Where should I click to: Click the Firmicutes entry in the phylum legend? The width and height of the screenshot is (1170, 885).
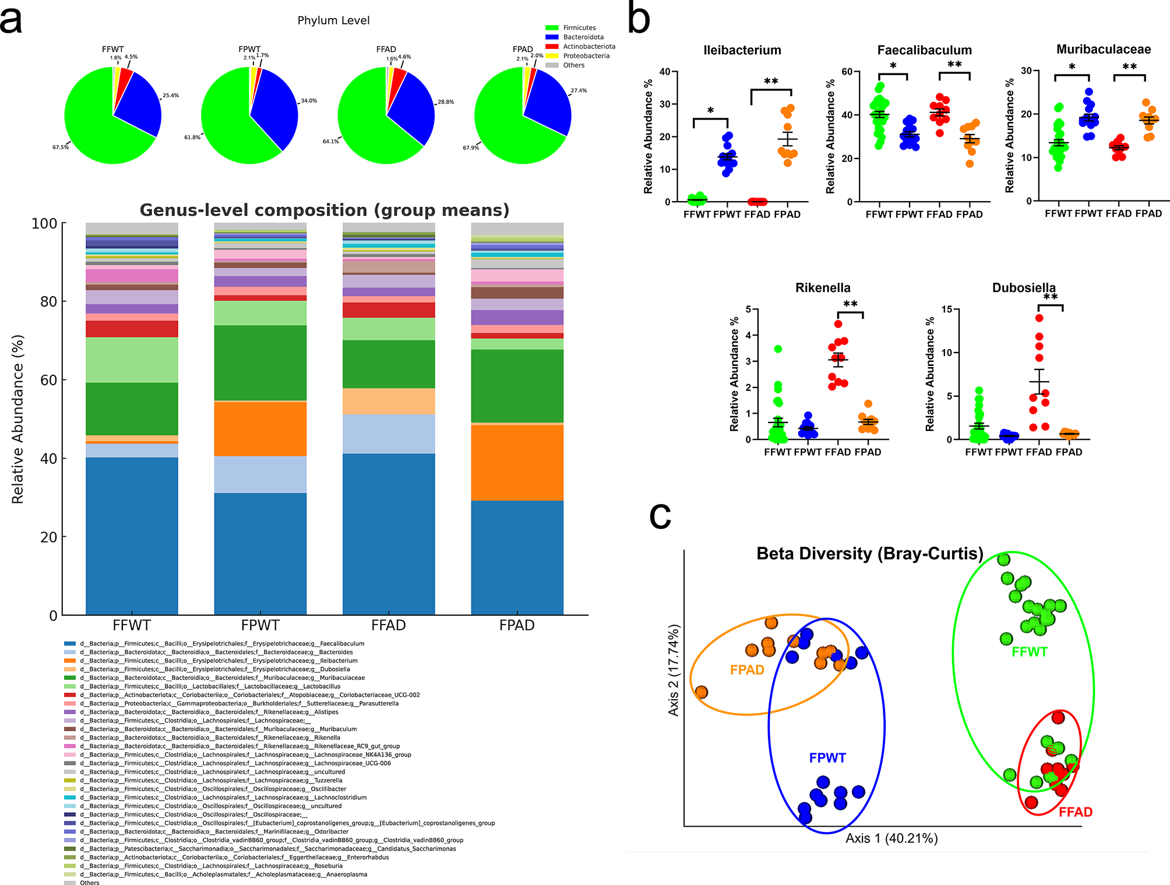click(x=579, y=27)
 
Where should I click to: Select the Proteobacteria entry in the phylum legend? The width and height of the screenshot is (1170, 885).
click(x=586, y=56)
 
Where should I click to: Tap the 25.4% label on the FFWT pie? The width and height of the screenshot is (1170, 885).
click(x=171, y=96)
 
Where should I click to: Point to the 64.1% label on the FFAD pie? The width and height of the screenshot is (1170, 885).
click(x=330, y=142)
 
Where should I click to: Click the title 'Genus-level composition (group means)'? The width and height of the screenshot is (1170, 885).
click(x=325, y=210)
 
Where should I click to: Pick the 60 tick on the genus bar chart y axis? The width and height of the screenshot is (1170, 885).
click(x=48, y=380)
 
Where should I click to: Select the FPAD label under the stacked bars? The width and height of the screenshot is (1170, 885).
click(x=517, y=626)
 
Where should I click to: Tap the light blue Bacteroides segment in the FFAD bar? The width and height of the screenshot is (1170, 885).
click(x=389, y=434)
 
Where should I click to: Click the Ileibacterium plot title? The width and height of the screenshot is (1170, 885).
click(x=742, y=50)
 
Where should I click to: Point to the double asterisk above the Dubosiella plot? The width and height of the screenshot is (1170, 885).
click(x=1051, y=298)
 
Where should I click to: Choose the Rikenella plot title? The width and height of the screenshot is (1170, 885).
click(x=823, y=288)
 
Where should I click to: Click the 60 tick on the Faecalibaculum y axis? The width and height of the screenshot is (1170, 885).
click(x=847, y=72)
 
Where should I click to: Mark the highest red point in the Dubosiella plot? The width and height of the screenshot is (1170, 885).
click(x=1039, y=318)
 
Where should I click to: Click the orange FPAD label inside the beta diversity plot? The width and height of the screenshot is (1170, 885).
click(x=747, y=670)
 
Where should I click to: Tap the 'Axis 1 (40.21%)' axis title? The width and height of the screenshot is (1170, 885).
click(x=891, y=838)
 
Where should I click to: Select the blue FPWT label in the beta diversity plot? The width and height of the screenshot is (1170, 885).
click(x=827, y=758)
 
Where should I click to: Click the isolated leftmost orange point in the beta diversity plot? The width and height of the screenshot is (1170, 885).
click(x=702, y=692)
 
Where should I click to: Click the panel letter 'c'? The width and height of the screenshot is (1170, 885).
click(x=660, y=516)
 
